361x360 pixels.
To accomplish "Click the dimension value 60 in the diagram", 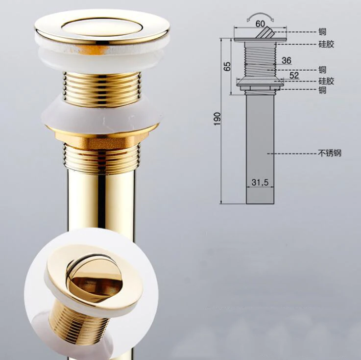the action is (x=260, y=24).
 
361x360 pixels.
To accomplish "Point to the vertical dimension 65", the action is (x=227, y=66).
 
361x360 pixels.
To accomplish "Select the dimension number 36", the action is (x=287, y=60).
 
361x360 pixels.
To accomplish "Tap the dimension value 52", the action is (x=294, y=75).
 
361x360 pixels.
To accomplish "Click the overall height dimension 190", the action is (x=217, y=119).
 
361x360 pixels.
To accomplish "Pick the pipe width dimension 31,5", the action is (x=260, y=182).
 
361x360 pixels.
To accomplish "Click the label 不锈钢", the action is (x=330, y=153).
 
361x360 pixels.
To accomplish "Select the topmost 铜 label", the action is (x=322, y=32).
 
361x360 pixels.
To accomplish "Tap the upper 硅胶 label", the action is (x=326, y=44).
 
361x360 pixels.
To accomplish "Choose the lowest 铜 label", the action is (x=322, y=90).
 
